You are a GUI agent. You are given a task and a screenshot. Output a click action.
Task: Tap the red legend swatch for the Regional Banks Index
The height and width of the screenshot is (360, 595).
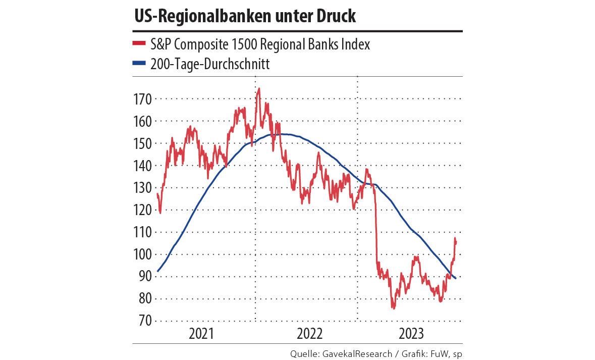point(139,44)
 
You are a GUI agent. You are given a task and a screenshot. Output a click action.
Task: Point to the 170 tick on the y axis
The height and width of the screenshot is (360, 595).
point(142,99)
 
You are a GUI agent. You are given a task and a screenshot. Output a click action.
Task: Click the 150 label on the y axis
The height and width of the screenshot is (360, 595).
point(142,143)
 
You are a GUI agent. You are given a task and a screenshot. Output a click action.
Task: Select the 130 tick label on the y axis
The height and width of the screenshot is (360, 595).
point(142,188)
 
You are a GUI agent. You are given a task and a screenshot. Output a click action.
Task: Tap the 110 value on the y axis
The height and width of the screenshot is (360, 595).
point(142,232)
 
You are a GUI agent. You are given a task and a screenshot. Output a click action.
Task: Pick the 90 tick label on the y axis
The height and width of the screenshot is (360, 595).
point(145,276)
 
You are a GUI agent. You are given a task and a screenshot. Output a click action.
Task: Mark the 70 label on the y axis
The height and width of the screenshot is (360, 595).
point(145,321)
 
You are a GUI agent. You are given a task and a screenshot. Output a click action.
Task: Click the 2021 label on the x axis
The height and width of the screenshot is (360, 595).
point(202,334)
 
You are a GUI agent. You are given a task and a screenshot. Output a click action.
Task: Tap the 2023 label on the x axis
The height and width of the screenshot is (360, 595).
point(411,334)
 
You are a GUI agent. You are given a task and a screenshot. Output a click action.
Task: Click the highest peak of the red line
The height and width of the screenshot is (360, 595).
point(259,88)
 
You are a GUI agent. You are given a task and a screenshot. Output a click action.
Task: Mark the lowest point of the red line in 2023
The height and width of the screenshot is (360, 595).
point(393,307)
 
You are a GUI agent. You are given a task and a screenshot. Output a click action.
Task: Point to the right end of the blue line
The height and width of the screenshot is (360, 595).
point(456,278)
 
